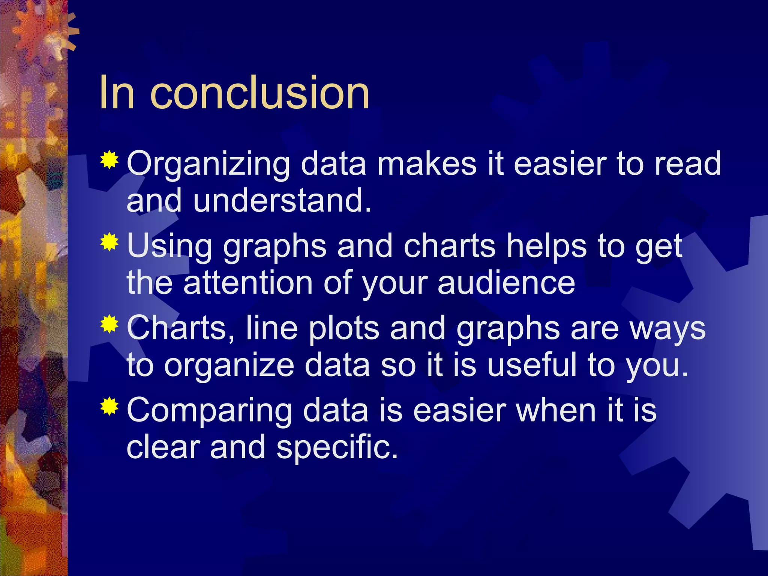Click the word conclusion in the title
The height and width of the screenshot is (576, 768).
pyautogui.click(x=259, y=93)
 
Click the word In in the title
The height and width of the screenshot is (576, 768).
pyautogui.click(x=117, y=93)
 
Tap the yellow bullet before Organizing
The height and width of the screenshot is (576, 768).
pyautogui.click(x=109, y=160)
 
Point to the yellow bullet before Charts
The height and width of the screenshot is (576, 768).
pyautogui.click(x=109, y=324)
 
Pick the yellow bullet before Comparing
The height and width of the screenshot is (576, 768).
pyautogui.click(x=109, y=406)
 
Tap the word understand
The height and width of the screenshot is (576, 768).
pyautogui.click(x=282, y=201)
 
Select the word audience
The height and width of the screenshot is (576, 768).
pyautogui.click(x=506, y=283)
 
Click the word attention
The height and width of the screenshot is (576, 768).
pyautogui.click(x=248, y=283)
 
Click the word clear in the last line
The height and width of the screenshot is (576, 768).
pyautogui.click(x=163, y=447)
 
